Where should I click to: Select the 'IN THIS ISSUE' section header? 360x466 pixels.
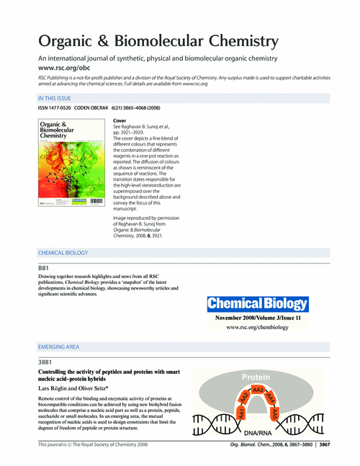pyautogui.click(x=59, y=97)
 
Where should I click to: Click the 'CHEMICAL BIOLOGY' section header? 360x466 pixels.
pyautogui.click(x=63, y=253)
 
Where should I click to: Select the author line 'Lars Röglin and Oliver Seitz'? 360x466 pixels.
pyautogui.click(x=75, y=388)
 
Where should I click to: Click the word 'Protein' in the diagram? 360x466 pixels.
pyautogui.click(x=256, y=377)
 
